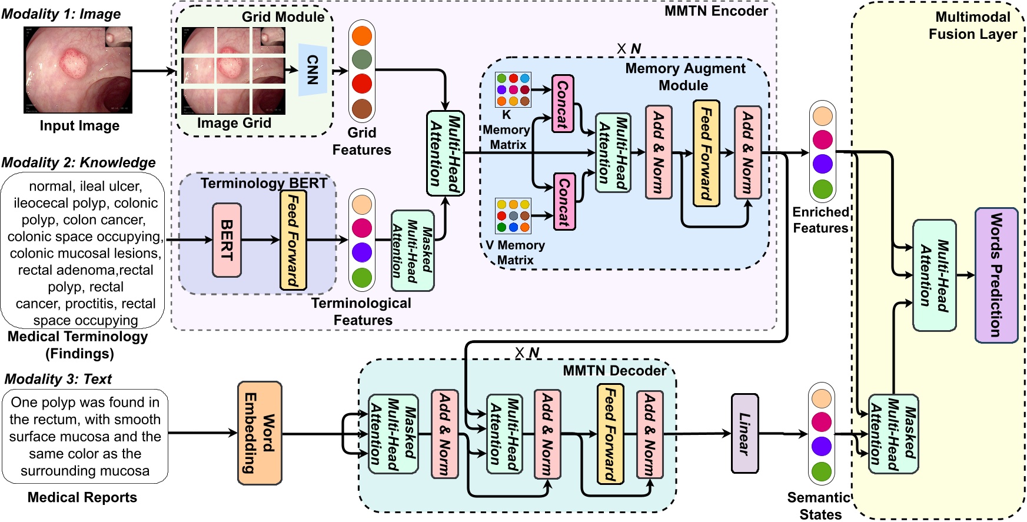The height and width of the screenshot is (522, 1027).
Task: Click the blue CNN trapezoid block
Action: (313, 69)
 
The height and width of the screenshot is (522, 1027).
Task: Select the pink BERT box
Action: (227, 240)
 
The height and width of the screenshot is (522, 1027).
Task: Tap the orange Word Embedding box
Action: (260, 433)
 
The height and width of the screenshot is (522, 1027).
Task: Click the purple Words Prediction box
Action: (996, 275)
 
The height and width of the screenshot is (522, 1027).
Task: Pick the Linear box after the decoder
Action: (745, 434)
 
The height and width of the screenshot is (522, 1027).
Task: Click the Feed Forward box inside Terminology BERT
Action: (293, 240)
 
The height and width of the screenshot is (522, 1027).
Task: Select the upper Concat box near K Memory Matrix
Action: (563, 104)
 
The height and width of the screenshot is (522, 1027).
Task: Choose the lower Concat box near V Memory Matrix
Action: (564, 202)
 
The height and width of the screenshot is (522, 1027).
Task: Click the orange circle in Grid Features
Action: (362, 36)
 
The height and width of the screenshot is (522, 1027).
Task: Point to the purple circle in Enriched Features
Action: (822, 164)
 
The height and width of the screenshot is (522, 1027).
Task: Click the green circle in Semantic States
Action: (821, 471)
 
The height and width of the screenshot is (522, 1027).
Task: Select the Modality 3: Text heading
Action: (58, 379)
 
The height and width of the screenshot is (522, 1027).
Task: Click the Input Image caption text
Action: (79, 126)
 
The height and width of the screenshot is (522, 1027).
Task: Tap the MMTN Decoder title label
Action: (614, 371)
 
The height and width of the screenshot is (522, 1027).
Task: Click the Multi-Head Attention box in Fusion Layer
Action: (934, 275)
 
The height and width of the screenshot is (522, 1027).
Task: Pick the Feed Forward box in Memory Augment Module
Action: (706, 153)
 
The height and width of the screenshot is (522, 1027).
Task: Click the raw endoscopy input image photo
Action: (78, 70)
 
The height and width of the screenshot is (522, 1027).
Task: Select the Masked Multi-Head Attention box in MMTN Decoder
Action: (393, 434)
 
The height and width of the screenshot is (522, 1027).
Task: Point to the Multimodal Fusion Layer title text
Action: (972, 25)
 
